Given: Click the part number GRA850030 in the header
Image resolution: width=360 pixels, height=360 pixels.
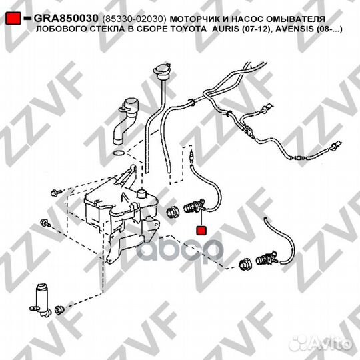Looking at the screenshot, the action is click(66, 19).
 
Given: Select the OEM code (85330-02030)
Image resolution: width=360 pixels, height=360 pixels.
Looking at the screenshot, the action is click(134, 19).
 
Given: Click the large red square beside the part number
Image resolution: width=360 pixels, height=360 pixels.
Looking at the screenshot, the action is click(13, 19).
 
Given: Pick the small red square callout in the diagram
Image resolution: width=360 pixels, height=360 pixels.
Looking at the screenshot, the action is click(201, 231).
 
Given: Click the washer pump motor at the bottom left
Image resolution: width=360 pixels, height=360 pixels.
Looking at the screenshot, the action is click(41, 300).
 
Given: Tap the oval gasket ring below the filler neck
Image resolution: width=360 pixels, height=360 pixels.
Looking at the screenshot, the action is click(119, 153).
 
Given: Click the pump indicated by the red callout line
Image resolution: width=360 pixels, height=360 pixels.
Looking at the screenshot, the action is click(195, 206).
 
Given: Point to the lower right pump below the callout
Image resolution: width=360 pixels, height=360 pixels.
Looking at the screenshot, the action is click(268, 259).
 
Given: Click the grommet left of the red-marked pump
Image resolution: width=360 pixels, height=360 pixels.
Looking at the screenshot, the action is click(173, 212).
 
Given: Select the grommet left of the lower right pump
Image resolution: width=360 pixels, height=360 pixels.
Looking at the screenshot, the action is click(245, 264).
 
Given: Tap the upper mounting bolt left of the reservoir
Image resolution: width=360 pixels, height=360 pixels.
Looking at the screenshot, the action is click(56, 192).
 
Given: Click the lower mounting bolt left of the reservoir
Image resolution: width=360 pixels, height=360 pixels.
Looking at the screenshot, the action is click(45, 223).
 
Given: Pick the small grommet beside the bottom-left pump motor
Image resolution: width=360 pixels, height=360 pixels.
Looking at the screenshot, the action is click(60, 310).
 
